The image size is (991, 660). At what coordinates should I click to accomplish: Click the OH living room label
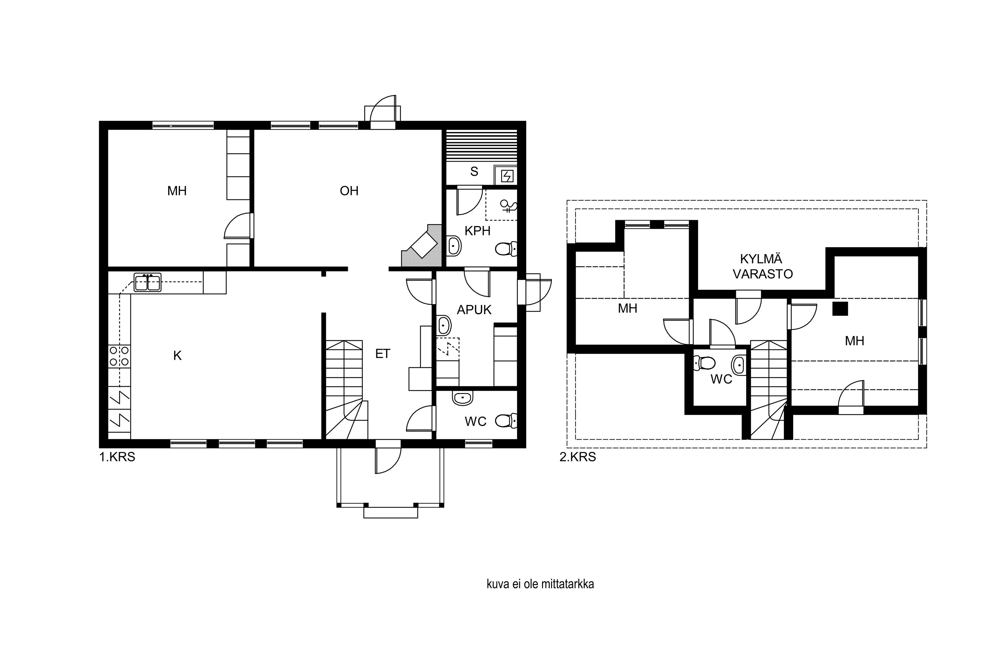pyautogui.click(x=349, y=191)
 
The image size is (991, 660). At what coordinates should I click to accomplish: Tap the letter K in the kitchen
pyautogui.click(x=177, y=356)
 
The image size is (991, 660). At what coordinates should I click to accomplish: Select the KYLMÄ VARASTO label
pyautogui.click(x=763, y=266)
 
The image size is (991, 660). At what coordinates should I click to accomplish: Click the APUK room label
pyautogui.click(x=474, y=310)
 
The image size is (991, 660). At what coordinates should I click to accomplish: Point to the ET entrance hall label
pyautogui.click(x=383, y=354)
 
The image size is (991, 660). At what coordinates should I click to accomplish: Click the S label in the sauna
pyautogui.click(x=474, y=172)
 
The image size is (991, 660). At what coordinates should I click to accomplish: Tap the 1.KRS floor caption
pyautogui.click(x=117, y=457)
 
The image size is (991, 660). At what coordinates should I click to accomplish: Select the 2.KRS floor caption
pyautogui.click(x=578, y=457)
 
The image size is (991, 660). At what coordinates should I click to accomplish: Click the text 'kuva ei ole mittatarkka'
pyautogui.click(x=540, y=584)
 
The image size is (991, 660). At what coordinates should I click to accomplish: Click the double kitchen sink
pyautogui.click(x=147, y=282)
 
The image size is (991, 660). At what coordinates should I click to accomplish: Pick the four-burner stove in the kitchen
pyautogui.click(x=119, y=356)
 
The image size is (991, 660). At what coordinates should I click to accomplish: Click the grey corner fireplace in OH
pyautogui.click(x=422, y=246)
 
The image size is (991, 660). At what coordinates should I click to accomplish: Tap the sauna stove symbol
pyautogui.click(x=507, y=176)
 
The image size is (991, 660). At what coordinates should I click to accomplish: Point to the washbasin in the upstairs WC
pyautogui.click(x=739, y=365)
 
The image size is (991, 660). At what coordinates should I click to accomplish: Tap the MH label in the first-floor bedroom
pyautogui.click(x=177, y=191)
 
